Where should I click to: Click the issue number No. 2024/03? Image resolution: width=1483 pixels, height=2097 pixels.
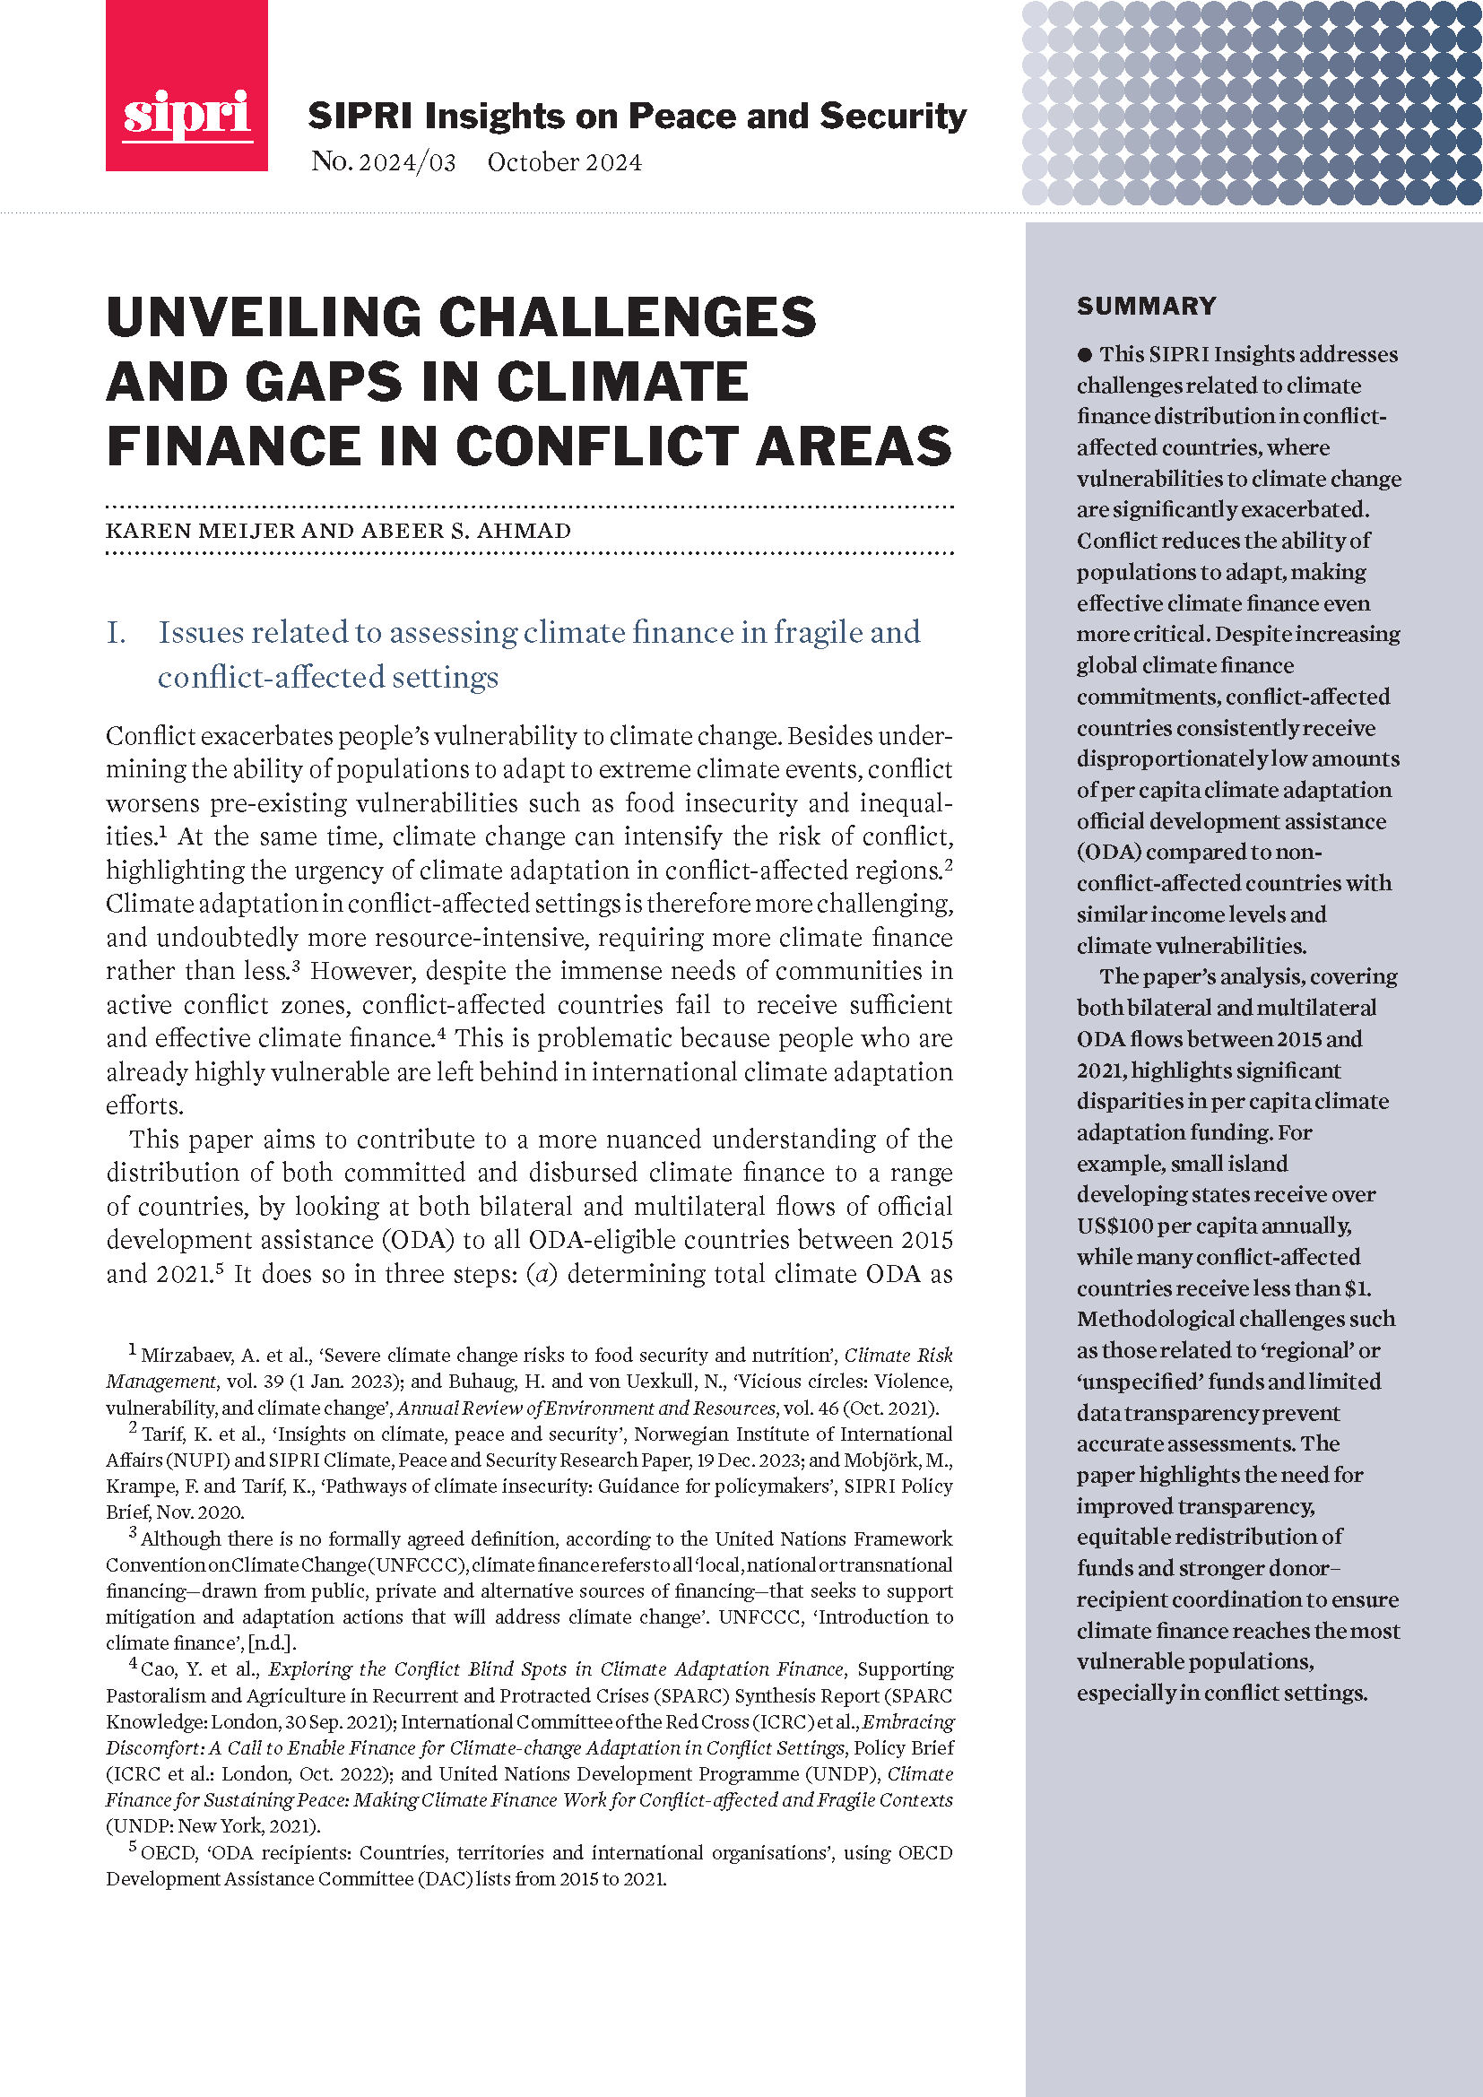383,162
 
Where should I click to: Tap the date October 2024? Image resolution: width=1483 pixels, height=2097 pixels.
563,162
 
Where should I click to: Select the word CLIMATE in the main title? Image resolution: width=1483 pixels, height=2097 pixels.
622,382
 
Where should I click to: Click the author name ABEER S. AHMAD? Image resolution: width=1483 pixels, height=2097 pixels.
465,531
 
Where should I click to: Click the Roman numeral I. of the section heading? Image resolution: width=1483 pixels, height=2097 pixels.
117,632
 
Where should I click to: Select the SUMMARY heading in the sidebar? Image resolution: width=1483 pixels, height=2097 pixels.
1146,306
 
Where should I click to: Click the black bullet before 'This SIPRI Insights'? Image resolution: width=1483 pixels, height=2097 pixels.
1084,354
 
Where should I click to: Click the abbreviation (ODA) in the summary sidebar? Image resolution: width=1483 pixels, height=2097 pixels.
1108,851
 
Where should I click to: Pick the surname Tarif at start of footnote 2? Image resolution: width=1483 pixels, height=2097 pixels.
164,1434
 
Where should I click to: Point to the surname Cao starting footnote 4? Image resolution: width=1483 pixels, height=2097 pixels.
158,1669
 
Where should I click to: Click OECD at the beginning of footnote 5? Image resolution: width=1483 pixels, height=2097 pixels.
168,1853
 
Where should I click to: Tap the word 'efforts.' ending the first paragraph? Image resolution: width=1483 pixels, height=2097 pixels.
144,1106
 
